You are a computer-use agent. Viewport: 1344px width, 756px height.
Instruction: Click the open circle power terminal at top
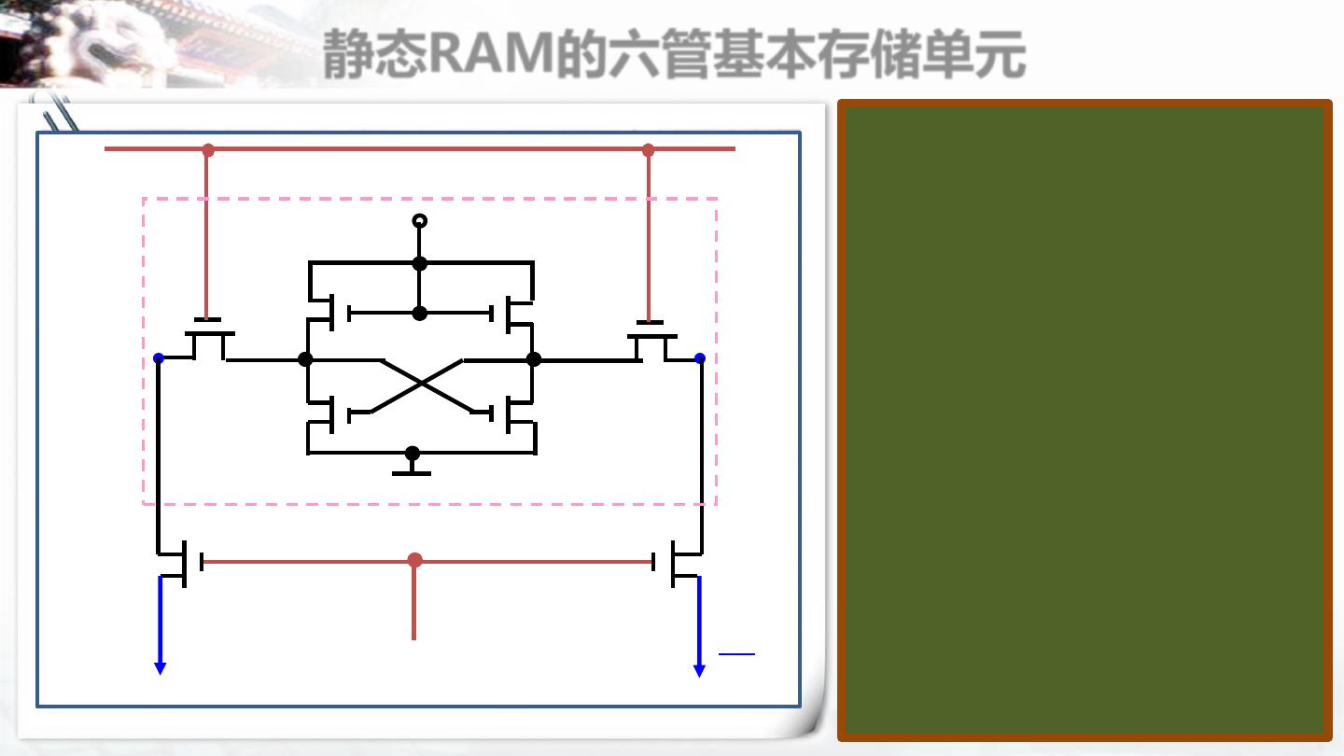420,221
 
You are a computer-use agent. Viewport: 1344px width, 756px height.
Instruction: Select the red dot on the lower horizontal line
414,560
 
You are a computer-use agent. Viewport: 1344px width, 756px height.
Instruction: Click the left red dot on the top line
208,149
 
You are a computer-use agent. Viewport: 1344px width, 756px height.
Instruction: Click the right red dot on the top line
648,149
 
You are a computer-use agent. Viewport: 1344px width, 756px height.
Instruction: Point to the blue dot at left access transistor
159,357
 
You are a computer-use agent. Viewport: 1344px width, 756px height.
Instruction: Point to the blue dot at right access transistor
700,357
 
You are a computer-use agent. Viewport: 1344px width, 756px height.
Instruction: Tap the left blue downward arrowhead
160,667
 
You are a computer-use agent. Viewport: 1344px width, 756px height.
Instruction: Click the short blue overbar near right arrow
736,654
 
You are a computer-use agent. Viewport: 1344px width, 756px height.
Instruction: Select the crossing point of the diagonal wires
422,383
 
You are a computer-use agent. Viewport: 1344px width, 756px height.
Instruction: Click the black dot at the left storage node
304,359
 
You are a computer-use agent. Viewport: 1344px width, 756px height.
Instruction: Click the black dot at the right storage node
534,359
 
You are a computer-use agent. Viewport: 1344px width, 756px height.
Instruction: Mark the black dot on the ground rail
412,454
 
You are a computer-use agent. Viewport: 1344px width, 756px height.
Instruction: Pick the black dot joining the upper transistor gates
420,314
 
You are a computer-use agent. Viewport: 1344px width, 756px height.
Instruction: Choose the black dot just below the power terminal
420,263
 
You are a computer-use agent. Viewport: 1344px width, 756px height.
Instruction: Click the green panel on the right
1085,420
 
